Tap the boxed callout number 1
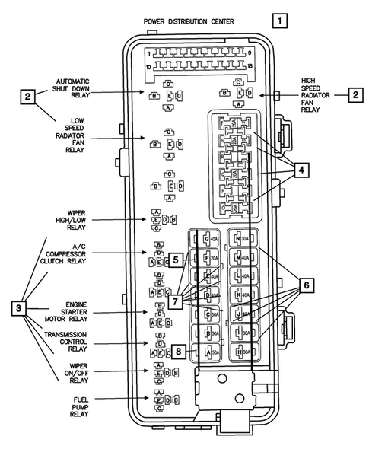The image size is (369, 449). [x=282, y=21]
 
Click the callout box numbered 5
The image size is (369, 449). [x=175, y=260]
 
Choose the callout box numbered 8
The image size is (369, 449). [x=178, y=352]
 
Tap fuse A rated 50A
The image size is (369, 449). [x=212, y=352]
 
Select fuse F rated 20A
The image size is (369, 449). [x=212, y=258]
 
